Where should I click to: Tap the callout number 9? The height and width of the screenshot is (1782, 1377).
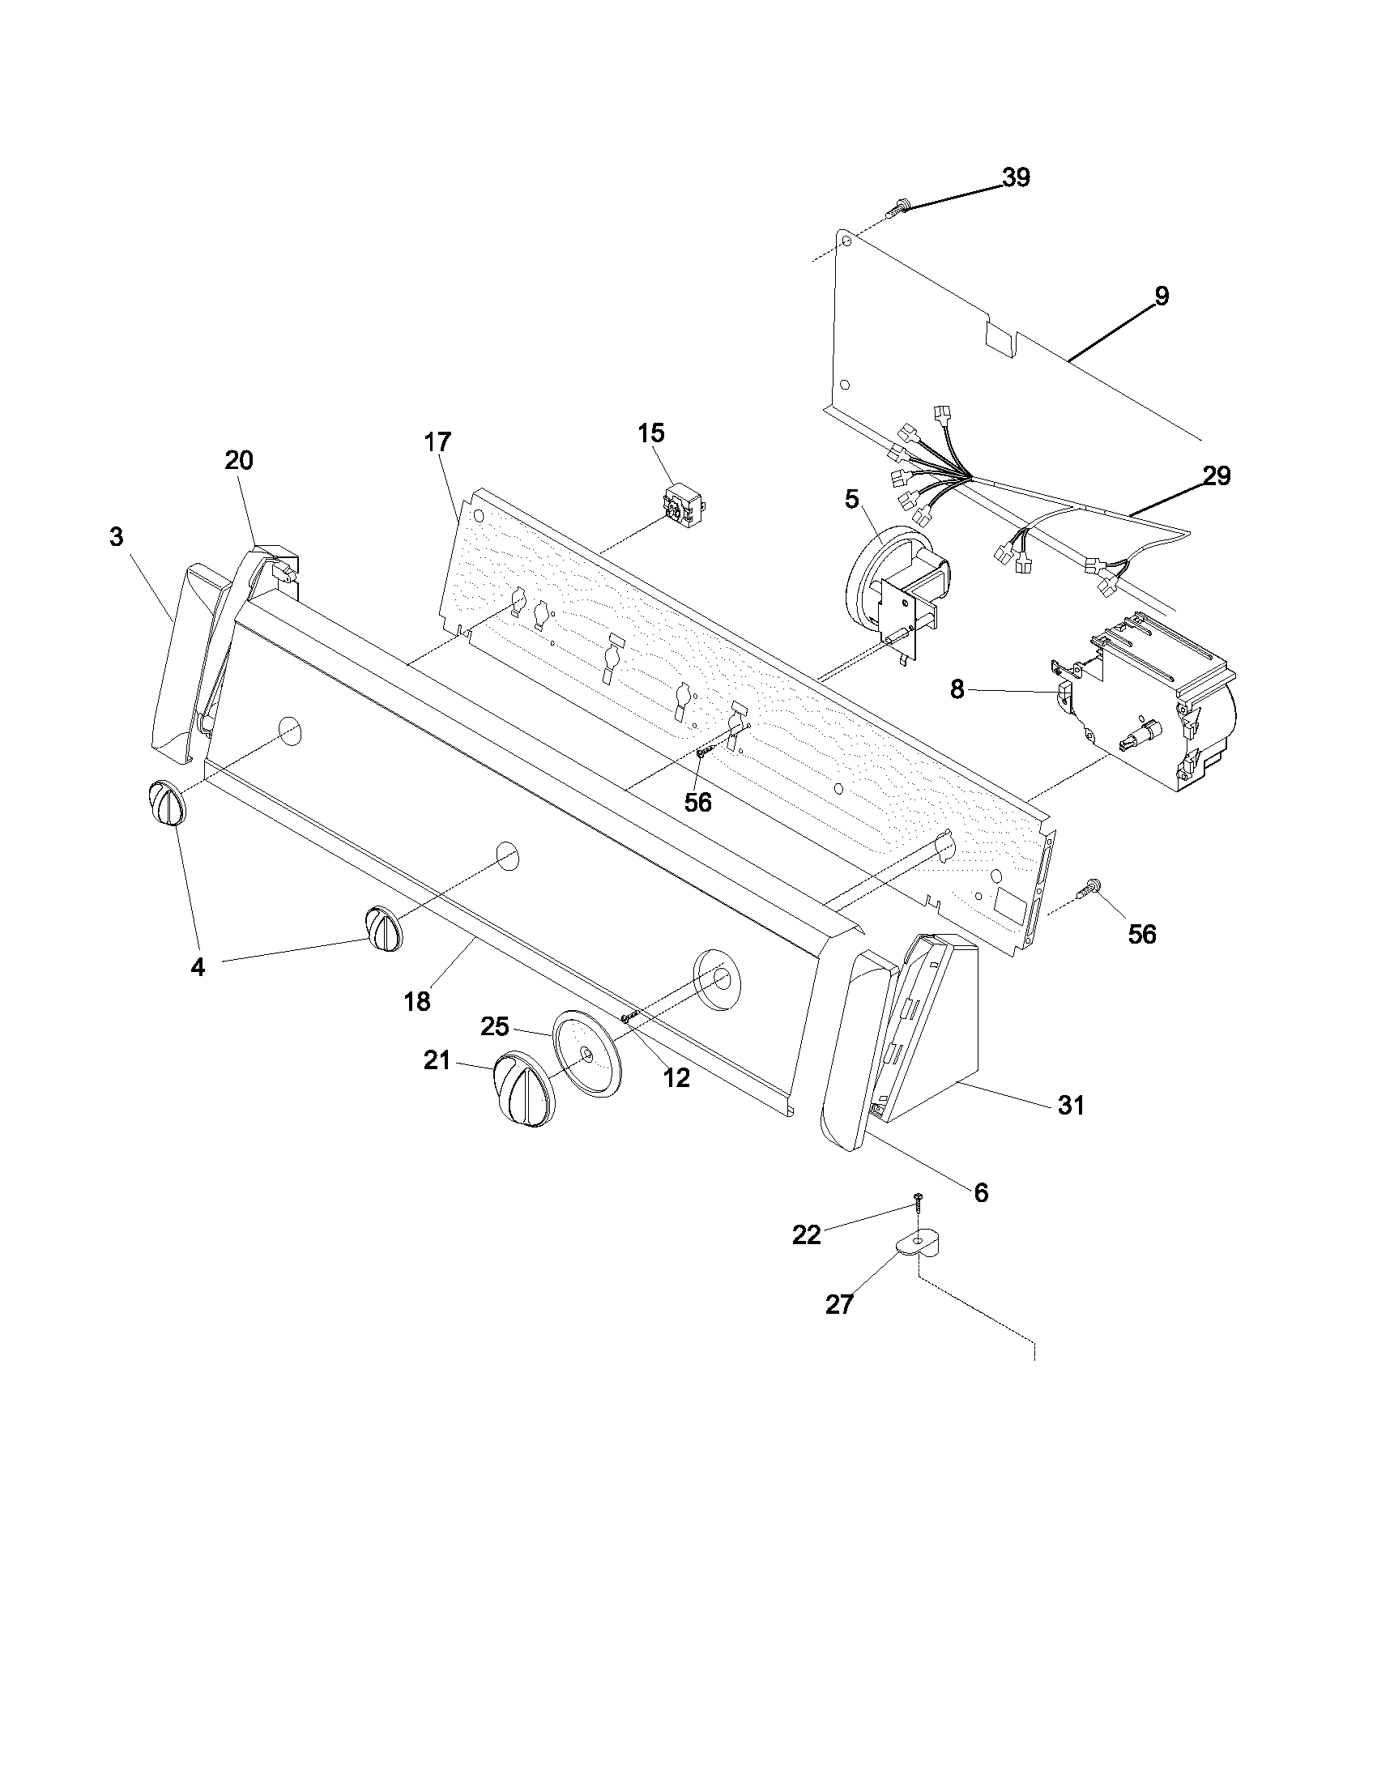click(x=1162, y=296)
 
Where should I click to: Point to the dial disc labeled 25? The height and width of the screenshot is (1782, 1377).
click(x=586, y=1055)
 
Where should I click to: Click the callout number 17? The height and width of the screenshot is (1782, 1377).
click(x=437, y=442)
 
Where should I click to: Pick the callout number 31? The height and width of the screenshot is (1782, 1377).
click(x=1070, y=1106)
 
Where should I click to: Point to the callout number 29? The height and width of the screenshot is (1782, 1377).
click(x=1216, y=475)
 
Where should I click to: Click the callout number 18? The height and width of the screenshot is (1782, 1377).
click(x=417, y=1001)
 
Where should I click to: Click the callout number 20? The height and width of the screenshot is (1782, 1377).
click(x=239, y=461)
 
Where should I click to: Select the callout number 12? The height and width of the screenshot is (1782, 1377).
click(x=676, y=1078)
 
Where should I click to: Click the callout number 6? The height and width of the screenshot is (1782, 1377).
click(x=981, y=1193)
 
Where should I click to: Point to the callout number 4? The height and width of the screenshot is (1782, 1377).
click(x=197, y=967)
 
